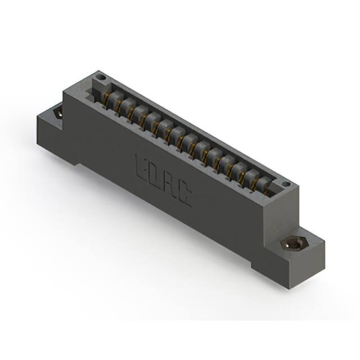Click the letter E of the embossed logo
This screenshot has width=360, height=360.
[x=141, y=166]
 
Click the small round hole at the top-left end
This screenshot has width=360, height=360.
[x=101, y=76]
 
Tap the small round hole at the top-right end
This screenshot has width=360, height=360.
[x=285, y=184]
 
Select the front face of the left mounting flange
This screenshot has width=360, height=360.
[x=53, y=138]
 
